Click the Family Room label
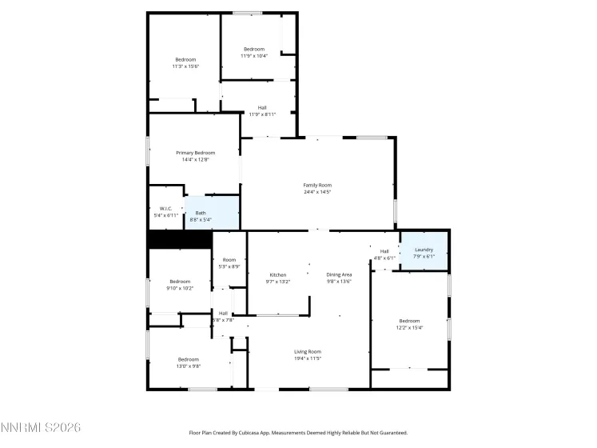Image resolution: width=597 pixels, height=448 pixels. (x=317, y=185)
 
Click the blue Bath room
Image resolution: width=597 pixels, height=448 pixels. (x=212, y=214)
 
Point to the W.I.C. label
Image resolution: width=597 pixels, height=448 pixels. (x=166, y=209)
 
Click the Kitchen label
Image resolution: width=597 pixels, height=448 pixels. (x=277, y=274)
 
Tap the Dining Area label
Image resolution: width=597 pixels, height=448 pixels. (x=339, y=274)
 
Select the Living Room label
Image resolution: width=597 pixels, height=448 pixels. (x=308, y=351)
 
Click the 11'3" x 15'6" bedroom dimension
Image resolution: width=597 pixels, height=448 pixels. (x=185, y=66)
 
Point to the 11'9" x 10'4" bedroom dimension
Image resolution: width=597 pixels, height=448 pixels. (x=253, y=56)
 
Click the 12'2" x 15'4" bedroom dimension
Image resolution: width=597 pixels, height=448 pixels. (x=409, y=327)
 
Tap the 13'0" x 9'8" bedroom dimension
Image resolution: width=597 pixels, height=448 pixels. (x=189, y=366)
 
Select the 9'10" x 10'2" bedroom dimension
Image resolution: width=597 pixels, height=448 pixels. (x=180, y=288)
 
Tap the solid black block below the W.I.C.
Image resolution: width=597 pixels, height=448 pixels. (x=179, y=240)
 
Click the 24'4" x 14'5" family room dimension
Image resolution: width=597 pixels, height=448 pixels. (x=317, y=192)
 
